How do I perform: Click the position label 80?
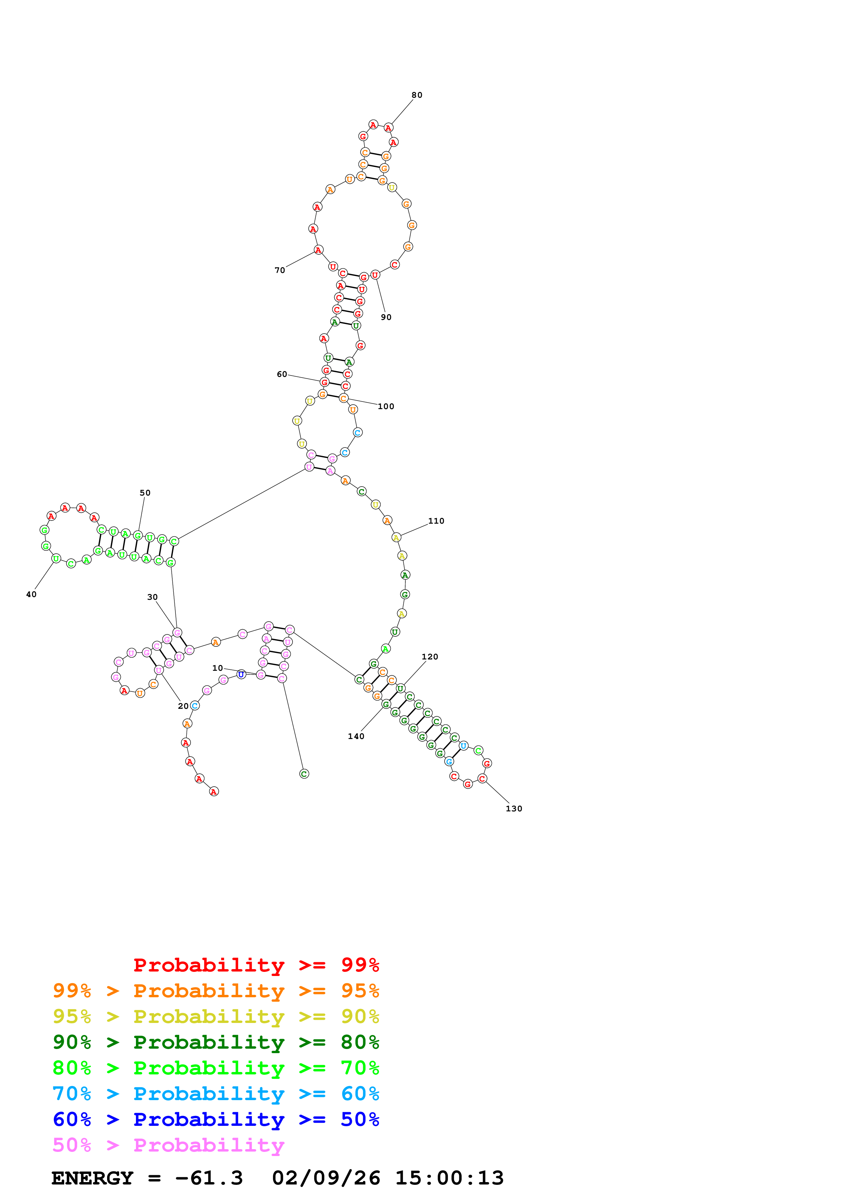point(416,95)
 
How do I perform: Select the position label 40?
point(32,594)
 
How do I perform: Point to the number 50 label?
point(145,492)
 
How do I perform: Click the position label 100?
point(386,406)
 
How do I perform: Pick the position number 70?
point(280,270)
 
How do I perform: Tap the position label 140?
point(356,736)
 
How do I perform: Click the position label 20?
point(183,706)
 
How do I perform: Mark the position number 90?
point(386,317)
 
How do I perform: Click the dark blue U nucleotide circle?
point(241,674)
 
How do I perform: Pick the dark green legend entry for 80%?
point(216,1042)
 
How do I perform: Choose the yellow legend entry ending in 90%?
point(216,1016)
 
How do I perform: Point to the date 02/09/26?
point(326,1178)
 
